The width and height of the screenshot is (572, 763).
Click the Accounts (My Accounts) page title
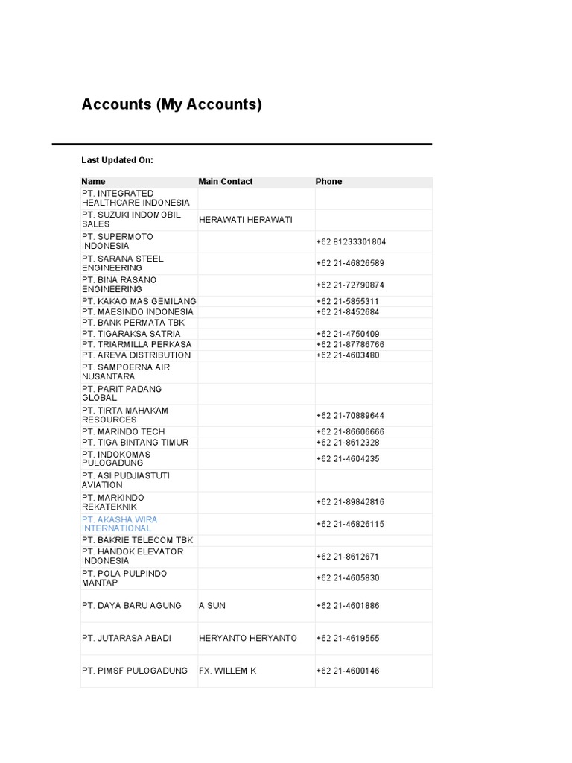(171, 104)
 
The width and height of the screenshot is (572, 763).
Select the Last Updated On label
(117, 160)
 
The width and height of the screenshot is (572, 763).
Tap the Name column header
(94, 181)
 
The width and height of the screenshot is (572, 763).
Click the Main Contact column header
(226, 181)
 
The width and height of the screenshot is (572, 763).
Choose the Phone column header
(328, 181)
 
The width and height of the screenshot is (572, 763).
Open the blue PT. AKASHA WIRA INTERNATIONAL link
(119, 524)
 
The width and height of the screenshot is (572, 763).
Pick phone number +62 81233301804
(351, 242)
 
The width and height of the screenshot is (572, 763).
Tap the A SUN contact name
(212, 606)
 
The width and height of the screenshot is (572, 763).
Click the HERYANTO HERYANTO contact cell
(248, 639)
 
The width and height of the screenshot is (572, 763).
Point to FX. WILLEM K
(227, 671)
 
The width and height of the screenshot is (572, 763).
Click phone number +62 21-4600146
(348, 671)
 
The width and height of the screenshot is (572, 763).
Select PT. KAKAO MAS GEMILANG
(139, 301)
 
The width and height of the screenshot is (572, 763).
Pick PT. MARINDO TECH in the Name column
(124, 431)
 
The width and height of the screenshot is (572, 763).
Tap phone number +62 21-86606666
(351, 432)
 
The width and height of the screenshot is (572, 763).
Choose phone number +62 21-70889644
(351, 416)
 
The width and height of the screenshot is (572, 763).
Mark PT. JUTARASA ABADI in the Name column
(127, 639)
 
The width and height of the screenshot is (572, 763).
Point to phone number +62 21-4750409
(348, 334)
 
